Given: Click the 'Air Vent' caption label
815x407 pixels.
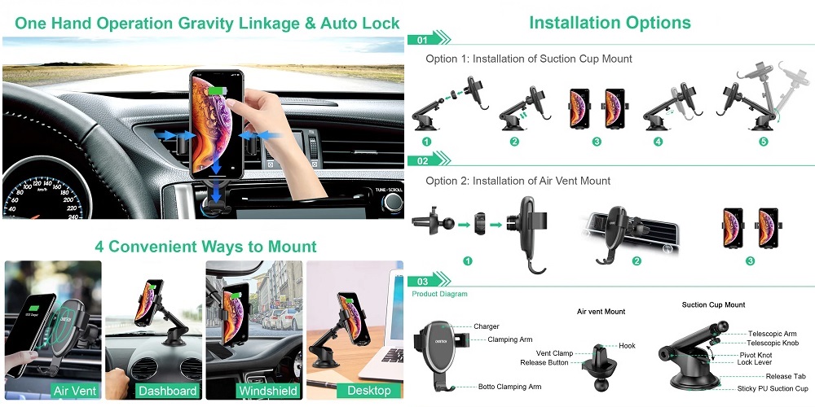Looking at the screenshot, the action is tap(74, 391).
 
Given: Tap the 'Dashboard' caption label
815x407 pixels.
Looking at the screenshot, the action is tap(167, 391).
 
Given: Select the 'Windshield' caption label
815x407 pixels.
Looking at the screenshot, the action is tap(268, 391).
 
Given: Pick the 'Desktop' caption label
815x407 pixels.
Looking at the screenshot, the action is tap(369, 391).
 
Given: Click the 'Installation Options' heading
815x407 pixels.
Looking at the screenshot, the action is tap(610, 22).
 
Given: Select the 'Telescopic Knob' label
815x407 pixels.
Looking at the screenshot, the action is tap(773, 343).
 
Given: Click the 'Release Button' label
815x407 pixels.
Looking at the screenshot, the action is tap(544, 362).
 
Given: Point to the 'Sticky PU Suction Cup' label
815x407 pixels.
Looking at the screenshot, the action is tap(773, 388).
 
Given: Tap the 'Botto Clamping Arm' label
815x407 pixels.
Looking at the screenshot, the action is tap(509, 386).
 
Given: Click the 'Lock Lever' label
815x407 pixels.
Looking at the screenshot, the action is tap(755, 362).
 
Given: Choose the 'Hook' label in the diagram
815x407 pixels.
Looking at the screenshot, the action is tap(627, 346).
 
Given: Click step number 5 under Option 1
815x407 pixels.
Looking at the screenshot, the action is tap(763, 141).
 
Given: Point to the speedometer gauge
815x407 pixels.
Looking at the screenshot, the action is tap(46, 193).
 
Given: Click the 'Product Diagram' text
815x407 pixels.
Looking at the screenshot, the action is tap(440, 294).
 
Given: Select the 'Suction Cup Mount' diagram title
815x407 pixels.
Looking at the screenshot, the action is tap(714, 304).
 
